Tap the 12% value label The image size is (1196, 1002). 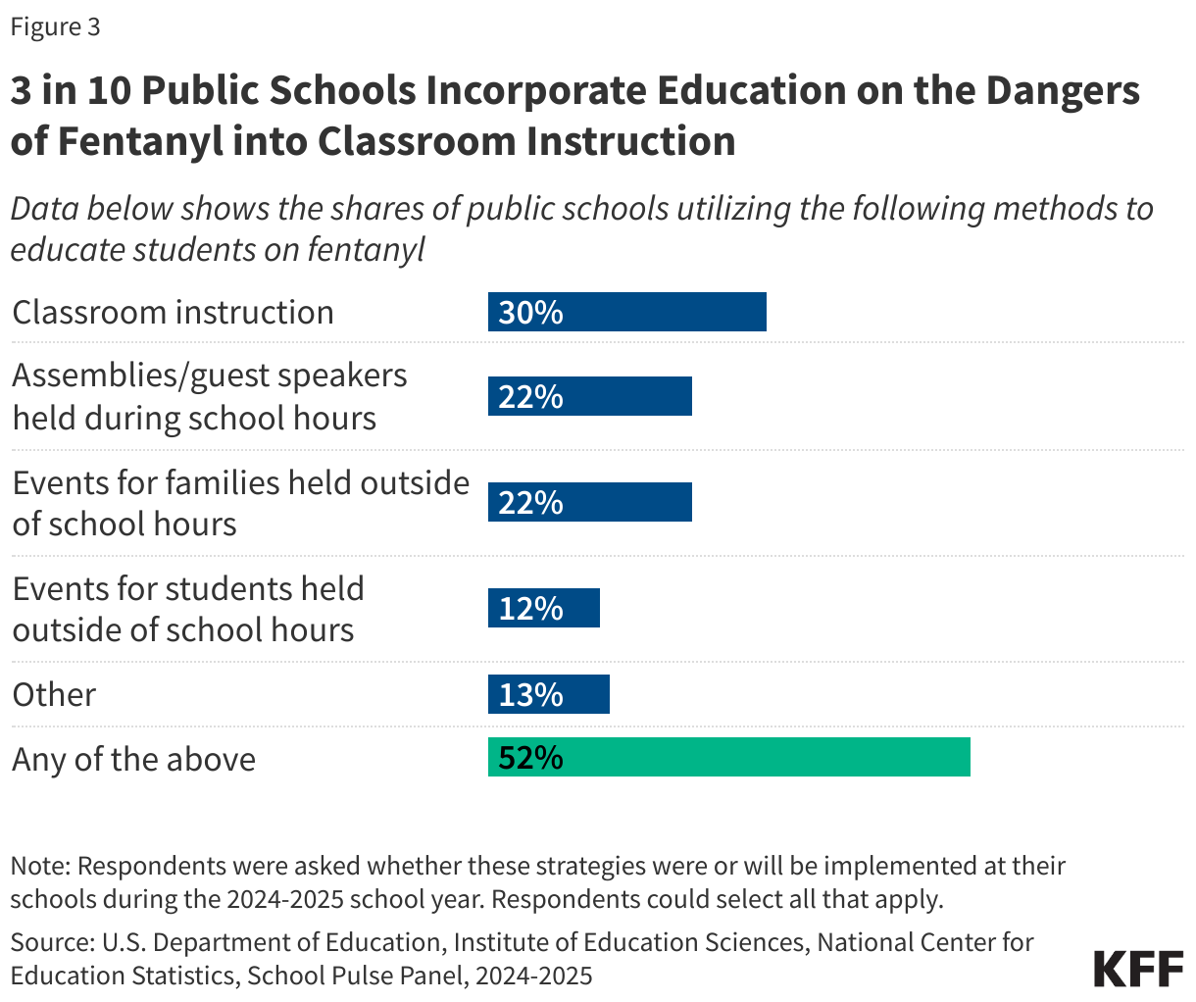pyautogui.click(x=530, y=609)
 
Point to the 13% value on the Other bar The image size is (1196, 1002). pyautogui.click(x=530, y=694)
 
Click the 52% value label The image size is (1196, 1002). pyautogui.click(x=530, y=758)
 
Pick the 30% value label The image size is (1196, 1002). pyautogui.click(x=530, y=312)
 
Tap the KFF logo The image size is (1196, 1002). pyautogui.click(x=1138, y=968)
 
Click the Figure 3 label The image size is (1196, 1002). pyautogui.click(x=55, y=27)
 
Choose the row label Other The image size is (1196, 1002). pyautogui.click(x=54, y=694)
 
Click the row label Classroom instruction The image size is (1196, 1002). pyautogui.click(x=173, y=312)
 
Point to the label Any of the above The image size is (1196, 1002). pyautogui.click(x=133, y=759)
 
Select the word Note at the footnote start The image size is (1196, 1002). pyautogui.click(x=38, y=867)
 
